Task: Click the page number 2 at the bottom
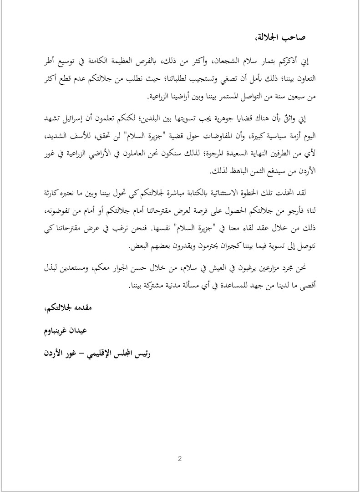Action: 180,458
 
